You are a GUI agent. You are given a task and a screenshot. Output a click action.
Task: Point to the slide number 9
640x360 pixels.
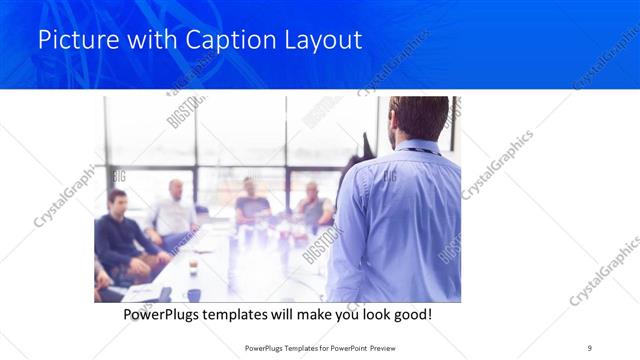tap(589, 347)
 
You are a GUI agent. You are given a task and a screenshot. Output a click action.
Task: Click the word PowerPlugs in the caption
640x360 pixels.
tap(166, 315)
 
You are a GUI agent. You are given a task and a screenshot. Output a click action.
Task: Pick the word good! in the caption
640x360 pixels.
tap(410, 315)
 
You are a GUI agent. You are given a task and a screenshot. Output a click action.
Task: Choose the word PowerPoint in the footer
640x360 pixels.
tap(349, 347)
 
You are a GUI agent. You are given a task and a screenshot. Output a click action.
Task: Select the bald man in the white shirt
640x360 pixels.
tap(176, 210)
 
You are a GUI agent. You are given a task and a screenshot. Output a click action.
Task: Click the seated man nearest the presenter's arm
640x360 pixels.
tap(314, 205)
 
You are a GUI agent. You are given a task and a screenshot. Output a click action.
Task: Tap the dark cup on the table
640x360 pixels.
tap(193, 267)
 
